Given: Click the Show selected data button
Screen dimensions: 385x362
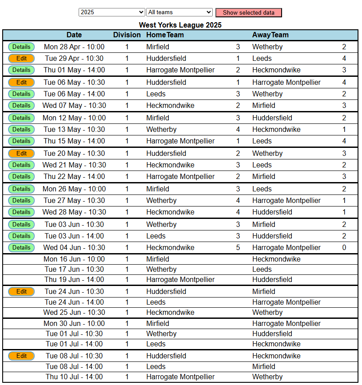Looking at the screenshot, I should coord(248,12).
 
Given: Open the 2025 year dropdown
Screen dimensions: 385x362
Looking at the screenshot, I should coord(111,12).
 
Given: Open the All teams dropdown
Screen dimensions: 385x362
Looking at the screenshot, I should coord(179,12).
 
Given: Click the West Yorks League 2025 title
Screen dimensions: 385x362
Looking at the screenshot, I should coord(180,25).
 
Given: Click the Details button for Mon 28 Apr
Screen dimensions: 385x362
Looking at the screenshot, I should coord(21,47).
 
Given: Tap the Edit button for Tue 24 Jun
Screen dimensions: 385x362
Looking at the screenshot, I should coord(21,292).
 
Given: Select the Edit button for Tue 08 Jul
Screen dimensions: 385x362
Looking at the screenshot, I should coord(21,356).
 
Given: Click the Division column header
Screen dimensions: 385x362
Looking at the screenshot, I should coord(127,35).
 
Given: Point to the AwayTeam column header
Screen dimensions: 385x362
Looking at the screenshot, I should coord(270,35).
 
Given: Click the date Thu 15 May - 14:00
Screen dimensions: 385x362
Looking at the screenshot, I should coord(74,141).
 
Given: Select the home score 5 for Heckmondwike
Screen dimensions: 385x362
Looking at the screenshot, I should coord(238,248).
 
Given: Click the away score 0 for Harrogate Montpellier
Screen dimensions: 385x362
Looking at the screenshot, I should coord(344,248).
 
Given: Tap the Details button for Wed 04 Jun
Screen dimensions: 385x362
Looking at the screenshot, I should coord(21,248).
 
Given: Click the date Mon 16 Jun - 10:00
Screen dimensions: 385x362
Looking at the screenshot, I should coord(74,259).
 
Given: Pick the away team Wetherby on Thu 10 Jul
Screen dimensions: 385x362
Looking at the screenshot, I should coord(267,377).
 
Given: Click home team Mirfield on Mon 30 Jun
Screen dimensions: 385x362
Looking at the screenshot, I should coord(158,324).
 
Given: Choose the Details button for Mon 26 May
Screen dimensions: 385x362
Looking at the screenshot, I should coord(21,189).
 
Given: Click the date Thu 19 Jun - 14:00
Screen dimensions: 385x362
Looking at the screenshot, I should coord(74,280).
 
